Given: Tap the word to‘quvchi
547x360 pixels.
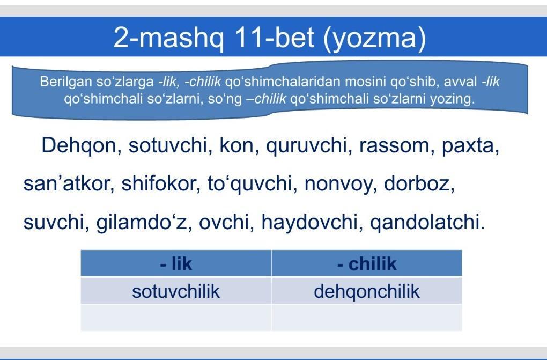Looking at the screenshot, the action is point(249,185).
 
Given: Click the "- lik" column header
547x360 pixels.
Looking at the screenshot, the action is point(176,263).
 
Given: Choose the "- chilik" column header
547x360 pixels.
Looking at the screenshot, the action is point(367,263).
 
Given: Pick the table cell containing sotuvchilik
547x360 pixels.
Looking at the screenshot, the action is point(176,290).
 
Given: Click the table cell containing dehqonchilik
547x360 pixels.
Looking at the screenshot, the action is point(367,290).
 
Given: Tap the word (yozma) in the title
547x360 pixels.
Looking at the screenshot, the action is point(375,38).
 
